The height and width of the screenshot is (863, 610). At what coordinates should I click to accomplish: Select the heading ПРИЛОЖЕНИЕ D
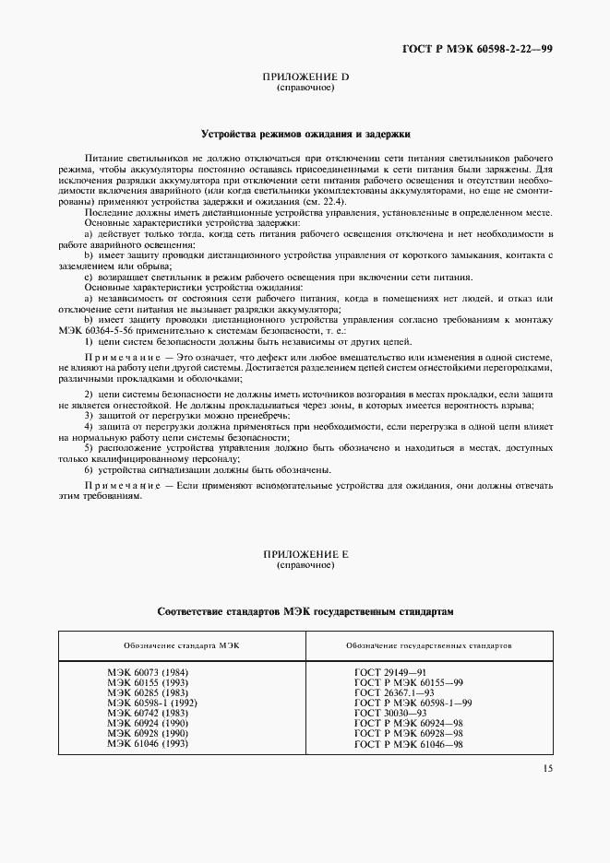point(305,77)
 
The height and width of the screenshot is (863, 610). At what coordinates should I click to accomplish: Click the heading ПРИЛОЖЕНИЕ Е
point(305,555)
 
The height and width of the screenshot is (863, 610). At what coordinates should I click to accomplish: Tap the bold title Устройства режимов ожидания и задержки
point(305,133)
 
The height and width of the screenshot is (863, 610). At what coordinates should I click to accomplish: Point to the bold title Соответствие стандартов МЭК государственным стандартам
point(305,611)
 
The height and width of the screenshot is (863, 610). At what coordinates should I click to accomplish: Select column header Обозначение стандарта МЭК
point(182,645)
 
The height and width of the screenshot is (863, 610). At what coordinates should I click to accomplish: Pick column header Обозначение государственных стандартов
point(429,645)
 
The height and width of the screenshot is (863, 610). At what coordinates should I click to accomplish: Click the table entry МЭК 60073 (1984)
point(144,673)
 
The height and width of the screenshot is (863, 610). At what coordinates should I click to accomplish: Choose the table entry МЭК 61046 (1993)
point(144,742)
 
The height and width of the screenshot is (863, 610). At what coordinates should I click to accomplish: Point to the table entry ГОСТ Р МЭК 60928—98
point(408,732)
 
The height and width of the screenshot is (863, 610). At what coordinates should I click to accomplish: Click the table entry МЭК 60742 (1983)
point(144,713)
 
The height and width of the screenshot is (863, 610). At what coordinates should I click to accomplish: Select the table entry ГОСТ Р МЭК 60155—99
point(408,683)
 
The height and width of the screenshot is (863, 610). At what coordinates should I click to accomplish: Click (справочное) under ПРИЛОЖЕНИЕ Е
point(305,565)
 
